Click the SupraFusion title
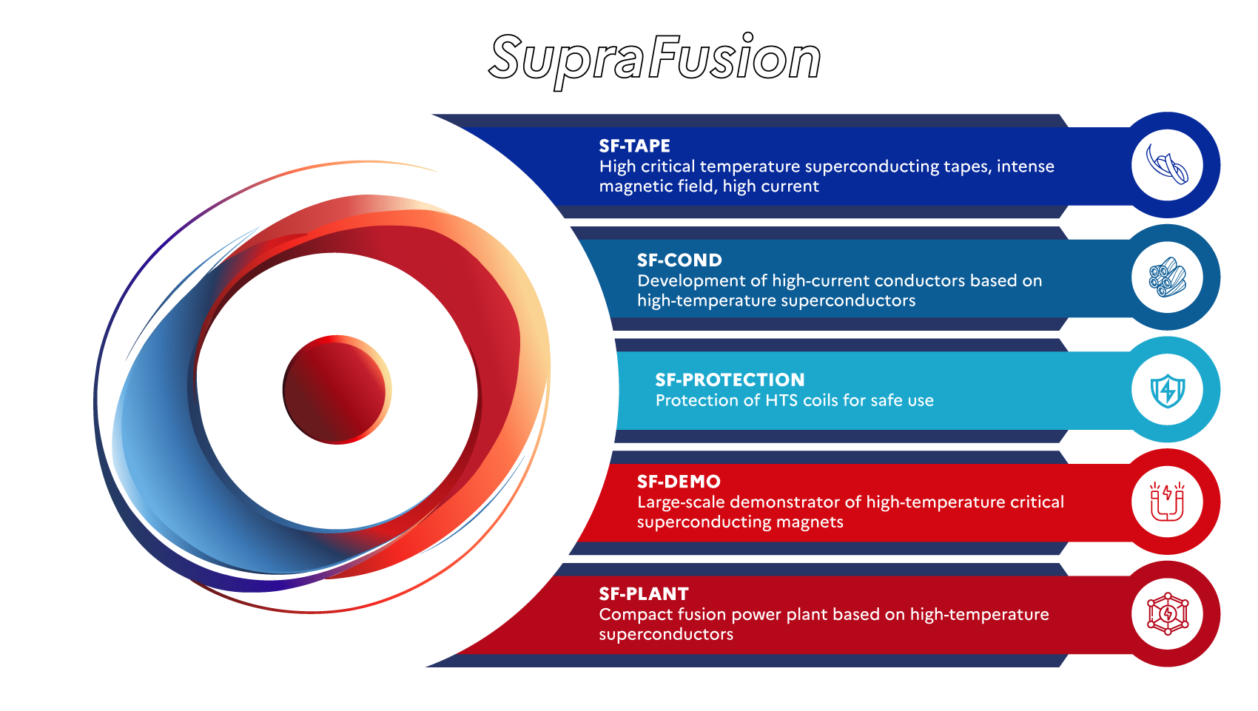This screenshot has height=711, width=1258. tap(655, 58)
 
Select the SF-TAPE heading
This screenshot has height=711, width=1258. tap(634, 146)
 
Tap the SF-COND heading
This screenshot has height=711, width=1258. tap(679, 260)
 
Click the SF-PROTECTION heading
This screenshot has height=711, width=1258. tap(730, 380)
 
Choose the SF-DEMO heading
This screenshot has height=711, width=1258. tap(679, 482)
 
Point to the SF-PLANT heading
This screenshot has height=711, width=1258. tap(644, 594)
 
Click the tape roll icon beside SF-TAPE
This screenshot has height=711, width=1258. tap(1167, 165)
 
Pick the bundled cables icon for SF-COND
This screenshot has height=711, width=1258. tap(1167, 277)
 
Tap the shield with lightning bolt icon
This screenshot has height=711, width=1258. tap(1167, 390)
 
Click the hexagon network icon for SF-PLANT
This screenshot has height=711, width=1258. tap(1167, 614)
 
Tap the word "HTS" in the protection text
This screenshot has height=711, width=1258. tap(782, 400)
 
